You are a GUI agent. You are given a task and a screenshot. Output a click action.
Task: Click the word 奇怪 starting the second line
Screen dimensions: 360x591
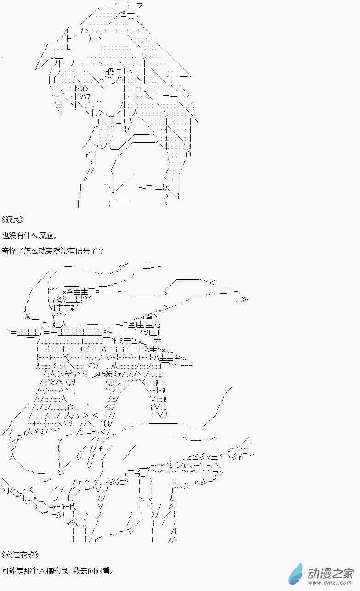9,250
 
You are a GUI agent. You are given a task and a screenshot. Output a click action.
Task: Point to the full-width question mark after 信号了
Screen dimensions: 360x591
101,250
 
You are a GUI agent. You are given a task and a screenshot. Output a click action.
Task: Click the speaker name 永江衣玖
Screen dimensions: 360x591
20,555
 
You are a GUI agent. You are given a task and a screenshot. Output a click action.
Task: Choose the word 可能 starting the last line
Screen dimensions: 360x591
9,571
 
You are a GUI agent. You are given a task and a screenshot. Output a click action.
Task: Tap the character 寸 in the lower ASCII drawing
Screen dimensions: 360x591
158,341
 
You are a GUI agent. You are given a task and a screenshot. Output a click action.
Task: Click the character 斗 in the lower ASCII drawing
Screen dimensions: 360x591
61,473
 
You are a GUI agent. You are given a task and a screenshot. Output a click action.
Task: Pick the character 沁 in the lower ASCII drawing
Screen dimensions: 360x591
157,324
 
